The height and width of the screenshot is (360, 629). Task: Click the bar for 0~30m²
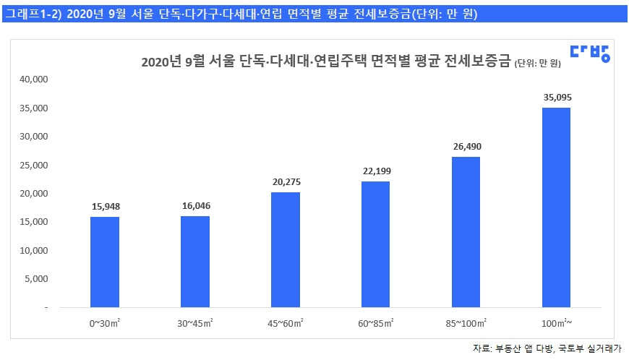pyautogui.click(x=105, y=262)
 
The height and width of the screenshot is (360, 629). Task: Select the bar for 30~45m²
pyautogui.click(x=195, y=262)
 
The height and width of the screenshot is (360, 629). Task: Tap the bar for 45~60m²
pyautogui.click(x=286, y=249)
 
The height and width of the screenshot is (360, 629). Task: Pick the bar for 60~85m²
pyautogui.click(x=375, y=244)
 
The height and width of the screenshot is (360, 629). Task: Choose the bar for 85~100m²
pyautogui.click(x=466, y=232)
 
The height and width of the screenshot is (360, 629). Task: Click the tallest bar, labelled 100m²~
pyautogui.click(x=556, y=207)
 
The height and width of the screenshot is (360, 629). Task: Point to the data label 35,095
pyautogui.click(x=556, y=96)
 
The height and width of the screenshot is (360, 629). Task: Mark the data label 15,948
pyautogui.click(x=105, y=206)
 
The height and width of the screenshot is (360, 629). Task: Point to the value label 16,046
pyautogui.click(x=195, y=206)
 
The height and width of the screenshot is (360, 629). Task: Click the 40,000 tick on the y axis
pyautogui.click(x=33, y=80)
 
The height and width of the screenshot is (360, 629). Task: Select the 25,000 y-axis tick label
pyautogui.click(x=33, y=166)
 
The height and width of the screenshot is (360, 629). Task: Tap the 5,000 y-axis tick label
pyautogui.click(x=35, y=279)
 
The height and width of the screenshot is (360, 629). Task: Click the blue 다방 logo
pyautogui.click(x=589, y=52)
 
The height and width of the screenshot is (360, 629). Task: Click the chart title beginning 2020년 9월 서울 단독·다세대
pyautogui.click(x=325, y=62)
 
